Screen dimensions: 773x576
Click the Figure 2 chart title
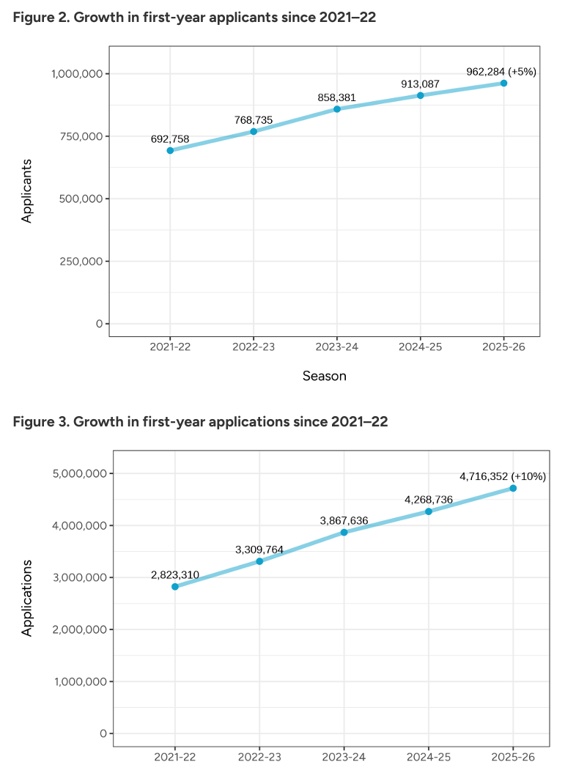[194, 18]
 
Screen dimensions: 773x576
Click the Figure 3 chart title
[200, 422]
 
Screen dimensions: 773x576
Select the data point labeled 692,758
[170, 150]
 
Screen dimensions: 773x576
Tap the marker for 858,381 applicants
[337, 109]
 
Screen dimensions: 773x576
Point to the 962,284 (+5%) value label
[501, 72]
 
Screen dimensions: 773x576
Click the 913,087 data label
[420, 84]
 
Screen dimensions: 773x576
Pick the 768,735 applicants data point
[254, 131]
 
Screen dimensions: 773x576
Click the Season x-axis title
[324, 376]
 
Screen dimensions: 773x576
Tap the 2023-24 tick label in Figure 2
[337, 347]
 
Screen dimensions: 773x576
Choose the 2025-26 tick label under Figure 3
[513, 756]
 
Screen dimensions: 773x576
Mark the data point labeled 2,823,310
[175, 587]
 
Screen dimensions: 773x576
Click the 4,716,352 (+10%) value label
[503, 476]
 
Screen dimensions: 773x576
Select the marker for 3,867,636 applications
[344, 532]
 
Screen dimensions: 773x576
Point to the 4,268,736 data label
[429, 500]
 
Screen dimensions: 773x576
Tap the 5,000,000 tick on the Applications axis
[80, 473]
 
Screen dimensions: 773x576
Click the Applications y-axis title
[27, 597]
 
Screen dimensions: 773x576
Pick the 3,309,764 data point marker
[259, 561]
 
